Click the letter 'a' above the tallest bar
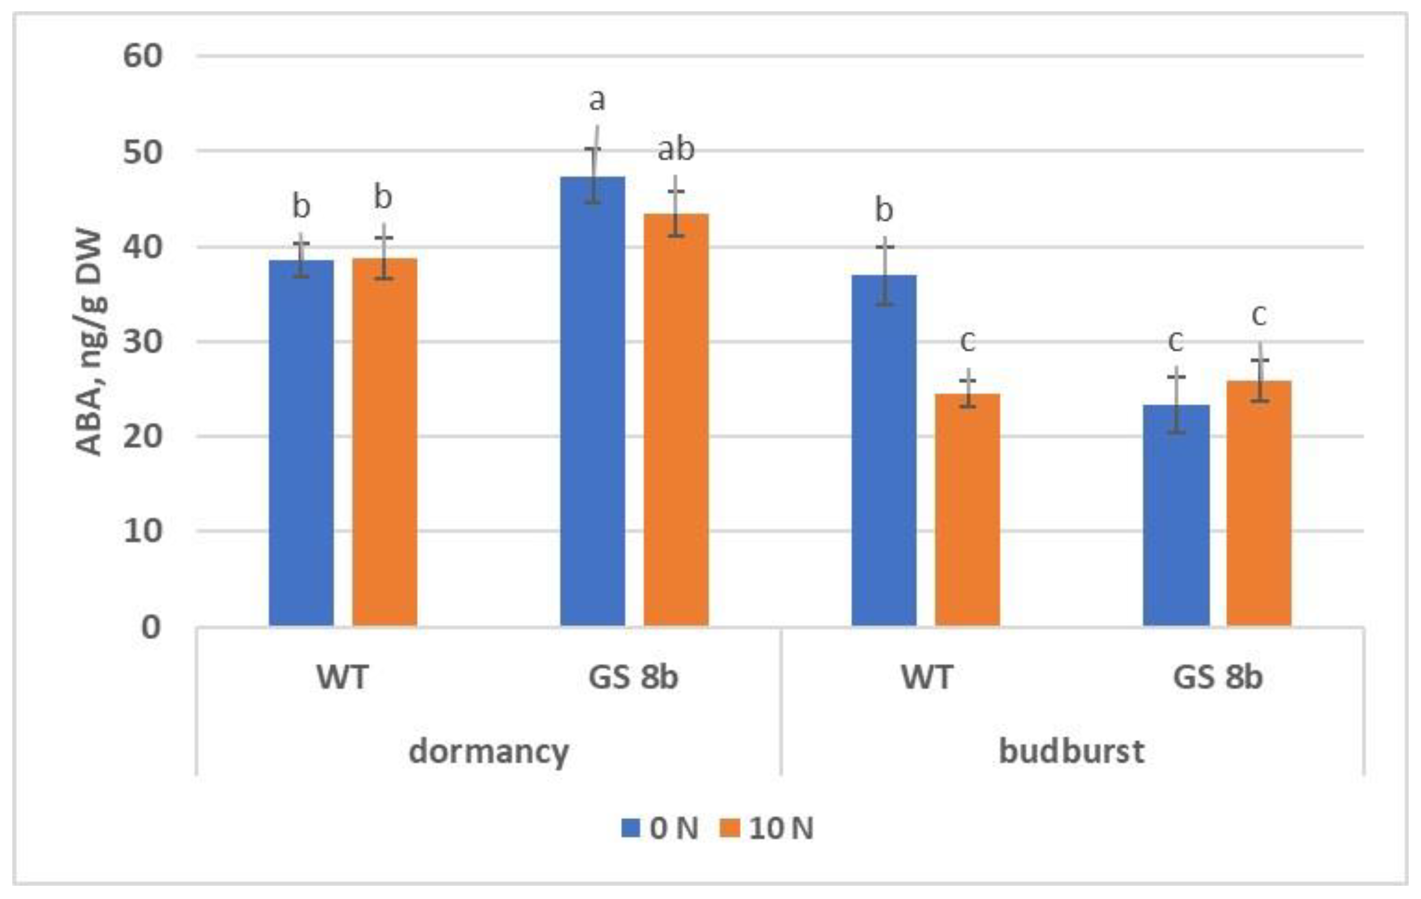597,100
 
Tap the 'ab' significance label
676,149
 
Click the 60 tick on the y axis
142,57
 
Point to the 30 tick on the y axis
142,341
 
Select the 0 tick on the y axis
151,627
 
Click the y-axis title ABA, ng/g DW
90,342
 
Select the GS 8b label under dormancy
633,677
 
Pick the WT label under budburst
927,677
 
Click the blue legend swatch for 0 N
631,828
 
